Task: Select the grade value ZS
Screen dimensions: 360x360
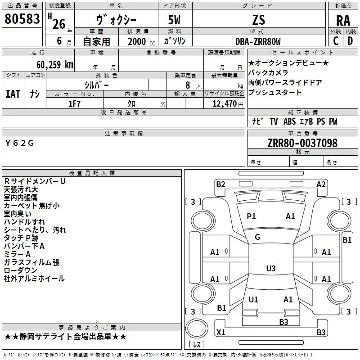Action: [259, 20]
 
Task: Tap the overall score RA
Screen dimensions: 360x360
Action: [343, 21]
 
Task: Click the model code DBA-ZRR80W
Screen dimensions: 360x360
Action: [258, 41]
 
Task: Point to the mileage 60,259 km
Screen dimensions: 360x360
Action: [50, 64]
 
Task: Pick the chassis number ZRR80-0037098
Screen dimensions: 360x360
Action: [302, 143]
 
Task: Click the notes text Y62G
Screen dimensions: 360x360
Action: [20, 143]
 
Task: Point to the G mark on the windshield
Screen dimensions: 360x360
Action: [257, 237]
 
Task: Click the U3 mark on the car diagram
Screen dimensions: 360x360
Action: [270, 268]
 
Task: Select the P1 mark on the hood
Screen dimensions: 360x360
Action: [251, 216]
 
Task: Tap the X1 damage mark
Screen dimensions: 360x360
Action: [221, 333]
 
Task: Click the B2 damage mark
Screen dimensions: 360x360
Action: [220, 184]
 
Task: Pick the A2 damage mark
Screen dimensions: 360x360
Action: [321, 184]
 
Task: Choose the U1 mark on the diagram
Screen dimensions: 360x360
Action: [253, 299]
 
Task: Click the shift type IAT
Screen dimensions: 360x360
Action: [13, 94]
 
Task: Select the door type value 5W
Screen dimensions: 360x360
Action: [175, 20]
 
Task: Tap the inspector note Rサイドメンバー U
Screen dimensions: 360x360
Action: [35, 181]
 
